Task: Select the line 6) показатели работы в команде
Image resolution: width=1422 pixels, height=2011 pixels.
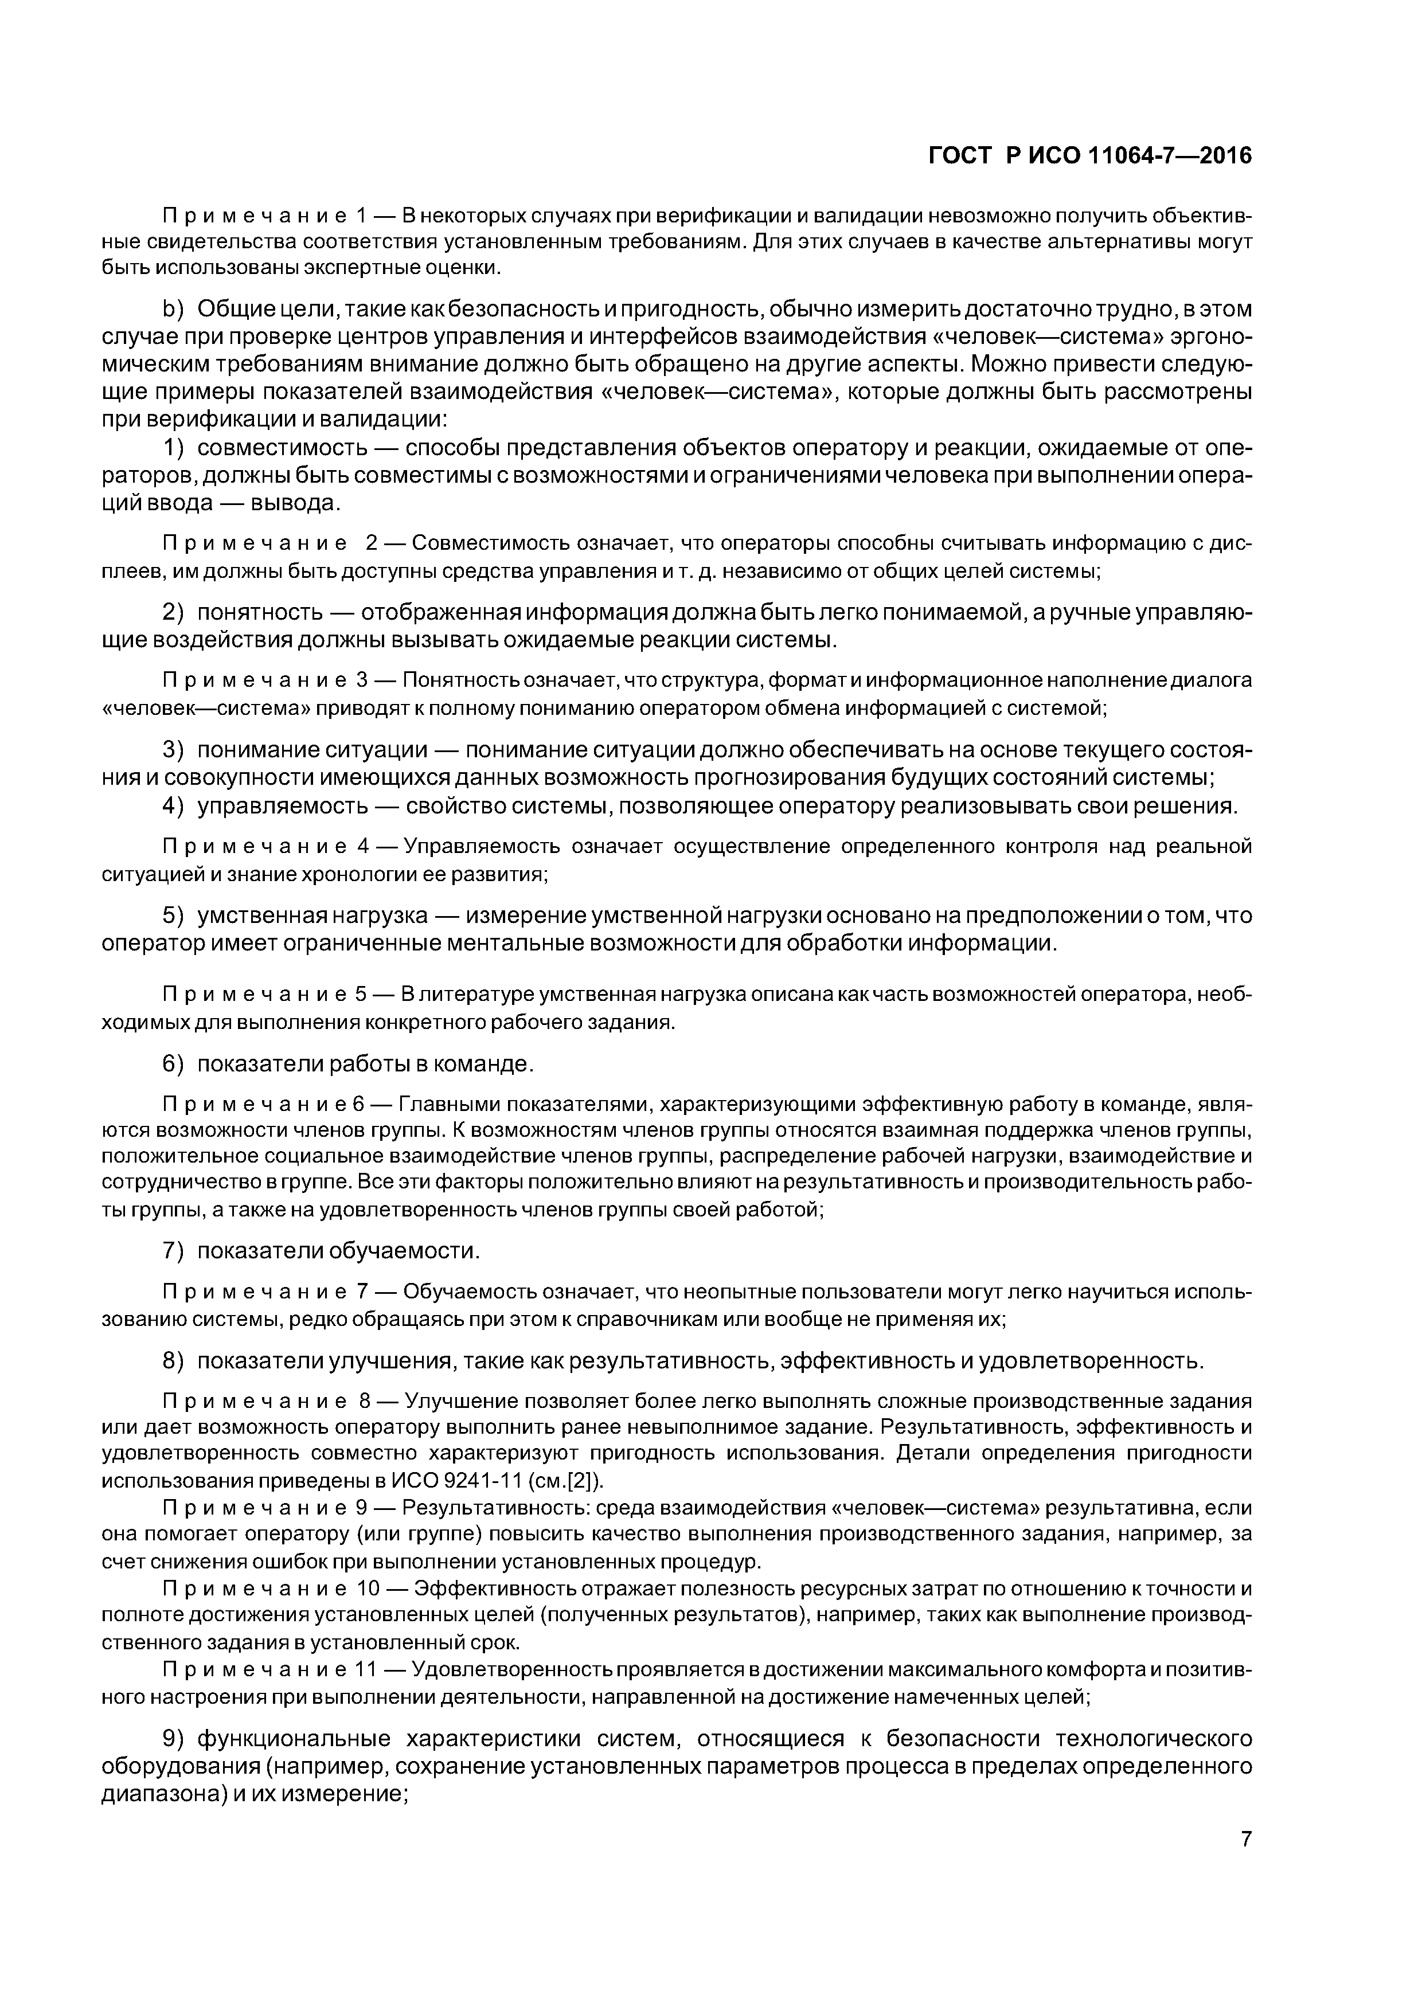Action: pyautogui.click(x=348, y=1064)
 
